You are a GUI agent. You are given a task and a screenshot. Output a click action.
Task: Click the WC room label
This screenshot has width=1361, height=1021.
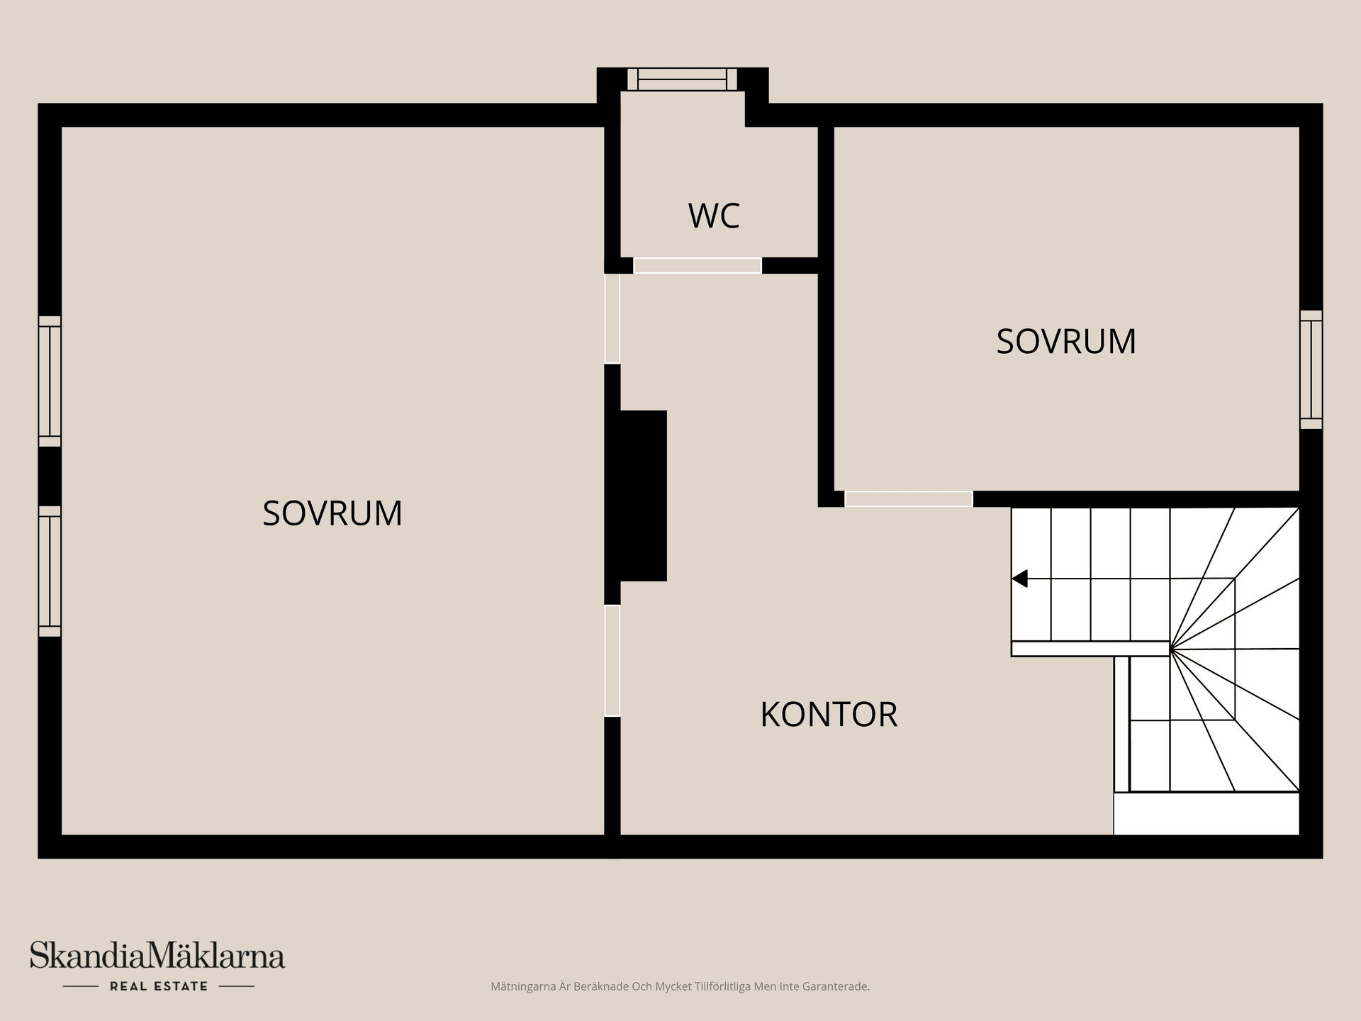(714, 216)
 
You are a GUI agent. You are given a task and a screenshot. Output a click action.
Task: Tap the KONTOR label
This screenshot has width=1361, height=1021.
(829, 714)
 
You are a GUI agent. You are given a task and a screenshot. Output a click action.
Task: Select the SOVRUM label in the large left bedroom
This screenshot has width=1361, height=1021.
(332, 513)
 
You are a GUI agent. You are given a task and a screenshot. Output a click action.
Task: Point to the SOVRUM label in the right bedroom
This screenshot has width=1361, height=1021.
(1066, 341)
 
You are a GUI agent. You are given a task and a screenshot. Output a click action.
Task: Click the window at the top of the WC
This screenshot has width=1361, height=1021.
(682, 79)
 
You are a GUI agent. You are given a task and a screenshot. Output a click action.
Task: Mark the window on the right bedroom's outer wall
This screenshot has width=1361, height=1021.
(1311, 369)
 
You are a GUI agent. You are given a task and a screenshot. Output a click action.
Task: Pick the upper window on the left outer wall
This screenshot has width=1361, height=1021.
(50, 381)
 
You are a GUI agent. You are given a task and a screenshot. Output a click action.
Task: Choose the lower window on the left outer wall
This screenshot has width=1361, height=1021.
(50, 571)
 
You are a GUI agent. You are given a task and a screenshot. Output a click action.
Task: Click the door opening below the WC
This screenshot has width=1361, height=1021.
(697, 265)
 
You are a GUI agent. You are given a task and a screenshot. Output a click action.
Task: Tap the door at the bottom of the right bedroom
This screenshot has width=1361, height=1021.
(908, 498)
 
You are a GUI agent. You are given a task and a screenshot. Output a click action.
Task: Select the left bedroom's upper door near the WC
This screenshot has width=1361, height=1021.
(612, 318)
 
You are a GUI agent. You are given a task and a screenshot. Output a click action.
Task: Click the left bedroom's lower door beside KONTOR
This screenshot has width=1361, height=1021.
(612, 660)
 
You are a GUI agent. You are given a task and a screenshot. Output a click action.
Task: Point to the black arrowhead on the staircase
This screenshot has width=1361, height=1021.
(1020, 579)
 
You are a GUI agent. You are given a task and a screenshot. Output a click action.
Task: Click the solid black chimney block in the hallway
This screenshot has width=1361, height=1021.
(642, 496)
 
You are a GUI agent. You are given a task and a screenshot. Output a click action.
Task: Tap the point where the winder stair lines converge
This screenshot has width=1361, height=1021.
(1170, 648)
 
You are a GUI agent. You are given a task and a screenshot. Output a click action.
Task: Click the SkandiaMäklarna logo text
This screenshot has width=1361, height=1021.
(157, 956)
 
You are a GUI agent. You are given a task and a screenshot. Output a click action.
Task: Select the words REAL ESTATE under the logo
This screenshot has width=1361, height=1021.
(159, 986)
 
